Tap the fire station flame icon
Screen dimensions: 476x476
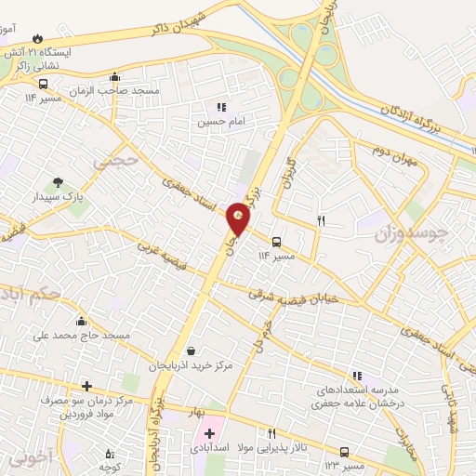click(x=36, y=39)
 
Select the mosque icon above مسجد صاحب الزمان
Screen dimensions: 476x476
click(x=114, y=77)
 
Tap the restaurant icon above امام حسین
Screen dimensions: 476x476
click(x=220, y=107)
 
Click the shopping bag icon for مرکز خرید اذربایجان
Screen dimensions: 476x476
click(x=191, y=350)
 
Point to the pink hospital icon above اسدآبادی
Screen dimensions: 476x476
click(x=209, y=433)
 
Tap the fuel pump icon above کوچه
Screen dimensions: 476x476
click(x=109, y=453)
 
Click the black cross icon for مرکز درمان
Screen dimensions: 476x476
click(x=86, y=386)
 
